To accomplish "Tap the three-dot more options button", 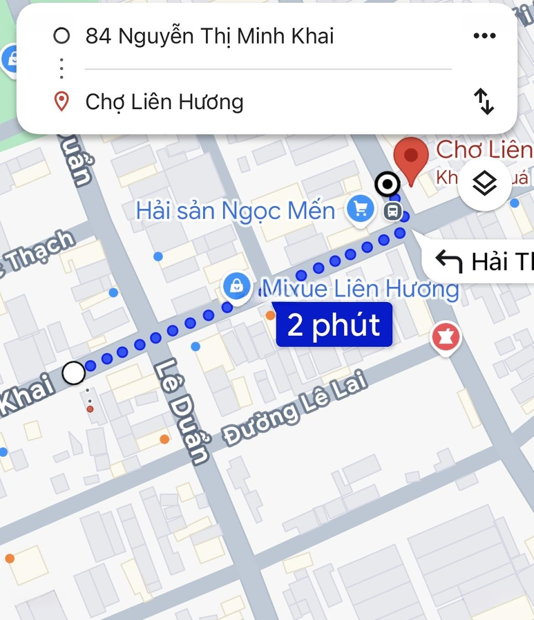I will [484, 36].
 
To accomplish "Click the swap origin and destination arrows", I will [484, 102].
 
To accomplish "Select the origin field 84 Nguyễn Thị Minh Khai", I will [209, 36].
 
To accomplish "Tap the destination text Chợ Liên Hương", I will [165, 102].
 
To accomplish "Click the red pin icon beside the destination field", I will [61, 102].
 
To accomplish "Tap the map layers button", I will [485, 184].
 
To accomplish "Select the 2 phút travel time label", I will [334, 325].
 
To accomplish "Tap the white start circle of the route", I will [73, 373].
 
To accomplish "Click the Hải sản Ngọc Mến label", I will [235, 211].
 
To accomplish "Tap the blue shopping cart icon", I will [361, 209].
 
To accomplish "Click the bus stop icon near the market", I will [392, 211].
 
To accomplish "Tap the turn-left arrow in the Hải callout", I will [449, 262].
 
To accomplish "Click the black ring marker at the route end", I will [387, 184].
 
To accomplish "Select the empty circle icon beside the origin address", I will [61, 36].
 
